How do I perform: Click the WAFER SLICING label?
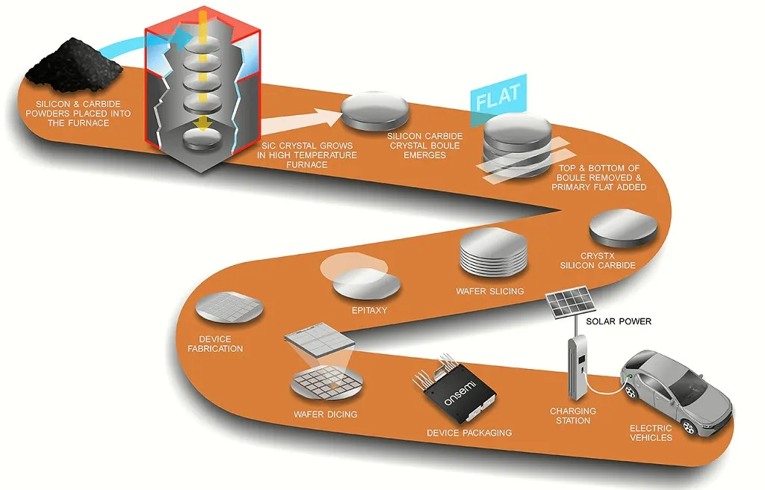click(x=490, y=291)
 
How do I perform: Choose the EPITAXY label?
click(x=369, y=311)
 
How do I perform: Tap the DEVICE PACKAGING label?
click(x=469, y=433)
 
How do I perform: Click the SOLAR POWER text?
click(x=619, y=322)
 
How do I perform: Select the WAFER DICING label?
click(x=326, y=415)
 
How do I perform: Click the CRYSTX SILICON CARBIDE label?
click(x=598, y=261)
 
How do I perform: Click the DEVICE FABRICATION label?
click(x=215, y=344)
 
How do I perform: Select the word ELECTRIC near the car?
click(x=651, y=429)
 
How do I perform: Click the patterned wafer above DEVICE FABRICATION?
click(x=229, y=308)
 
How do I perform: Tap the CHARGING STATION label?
click(x=573, y=416)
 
